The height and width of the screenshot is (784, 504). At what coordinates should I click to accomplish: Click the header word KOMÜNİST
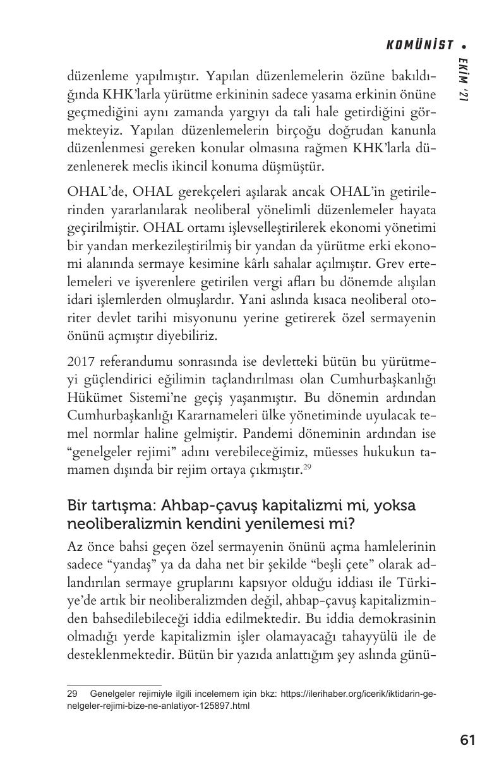click(x=420, y=45)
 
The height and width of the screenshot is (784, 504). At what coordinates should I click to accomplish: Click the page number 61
click(x=467, y=740)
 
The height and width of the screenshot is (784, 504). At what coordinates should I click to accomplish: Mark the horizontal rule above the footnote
click(x=114, y=684)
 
